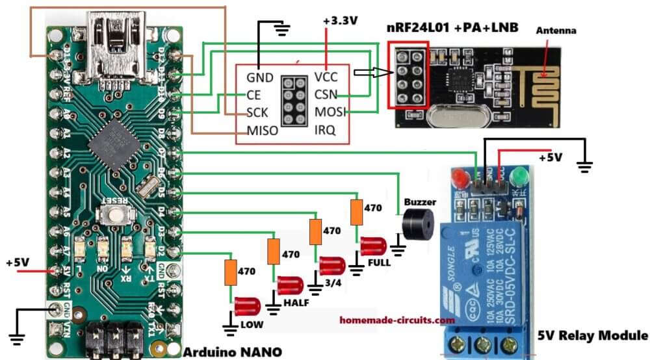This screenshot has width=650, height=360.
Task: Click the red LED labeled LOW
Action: [247, 305]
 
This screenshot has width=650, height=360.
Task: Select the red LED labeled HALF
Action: [290, 285]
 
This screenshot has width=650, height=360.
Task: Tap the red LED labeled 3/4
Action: [331, 265]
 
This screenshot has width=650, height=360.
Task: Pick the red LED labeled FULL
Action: [373, 246]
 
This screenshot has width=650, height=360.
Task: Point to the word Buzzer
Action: [420, 202]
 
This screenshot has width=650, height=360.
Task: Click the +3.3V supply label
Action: [340, 21]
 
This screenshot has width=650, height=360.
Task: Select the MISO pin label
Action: [263, 131]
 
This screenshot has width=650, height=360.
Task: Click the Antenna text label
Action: [556, 30]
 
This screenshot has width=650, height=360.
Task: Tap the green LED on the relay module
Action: [519, 176]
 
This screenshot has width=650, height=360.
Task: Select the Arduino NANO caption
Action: [233, 352]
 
